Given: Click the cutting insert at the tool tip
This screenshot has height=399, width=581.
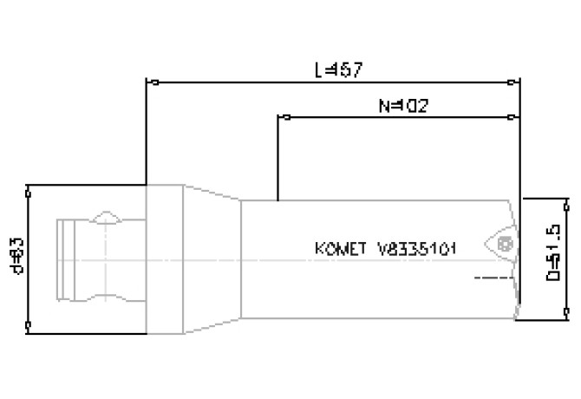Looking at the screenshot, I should pos(501,244).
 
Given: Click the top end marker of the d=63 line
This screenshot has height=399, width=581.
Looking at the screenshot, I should pos(29,186).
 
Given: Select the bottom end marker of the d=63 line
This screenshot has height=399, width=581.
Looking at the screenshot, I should pos(29,328).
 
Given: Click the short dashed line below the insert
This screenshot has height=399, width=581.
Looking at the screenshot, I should pos(490,278).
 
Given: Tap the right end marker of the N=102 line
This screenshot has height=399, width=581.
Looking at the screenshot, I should pos(519,115).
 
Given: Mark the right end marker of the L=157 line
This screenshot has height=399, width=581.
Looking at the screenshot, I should pos(519,84).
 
